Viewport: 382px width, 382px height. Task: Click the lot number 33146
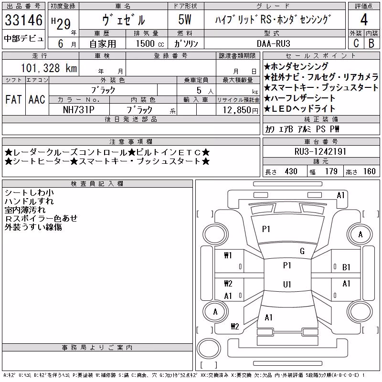click(23, 20)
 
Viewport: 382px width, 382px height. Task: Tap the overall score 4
click(364, 20)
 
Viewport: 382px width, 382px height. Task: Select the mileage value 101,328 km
click(49, 68)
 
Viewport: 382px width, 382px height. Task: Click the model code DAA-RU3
click(274, 43)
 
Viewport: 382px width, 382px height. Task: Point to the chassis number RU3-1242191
click(320, 151)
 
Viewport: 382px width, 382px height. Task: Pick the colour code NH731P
click(79, 110)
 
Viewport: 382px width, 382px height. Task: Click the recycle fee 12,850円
click(241, 110)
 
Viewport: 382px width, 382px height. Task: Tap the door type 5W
click(185, 20)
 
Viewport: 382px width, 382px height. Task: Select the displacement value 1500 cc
click(150, 43)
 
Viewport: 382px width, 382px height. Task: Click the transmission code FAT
click(13, 99)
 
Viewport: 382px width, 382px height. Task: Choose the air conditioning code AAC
click(37, 99)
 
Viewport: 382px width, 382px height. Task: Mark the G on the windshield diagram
click(302, 251)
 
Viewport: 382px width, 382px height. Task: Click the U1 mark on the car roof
click(287, 284)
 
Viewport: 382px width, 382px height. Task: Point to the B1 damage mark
click(346, 267)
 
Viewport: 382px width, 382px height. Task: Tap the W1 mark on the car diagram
click(228, 255)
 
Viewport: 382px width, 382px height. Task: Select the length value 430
click(291, 171)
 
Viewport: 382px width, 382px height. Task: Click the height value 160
click(369, 171)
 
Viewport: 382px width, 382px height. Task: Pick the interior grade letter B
click(371, 43)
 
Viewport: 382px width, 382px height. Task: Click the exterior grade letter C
click(356, 43)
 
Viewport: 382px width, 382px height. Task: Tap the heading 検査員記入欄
click(97, 184)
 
